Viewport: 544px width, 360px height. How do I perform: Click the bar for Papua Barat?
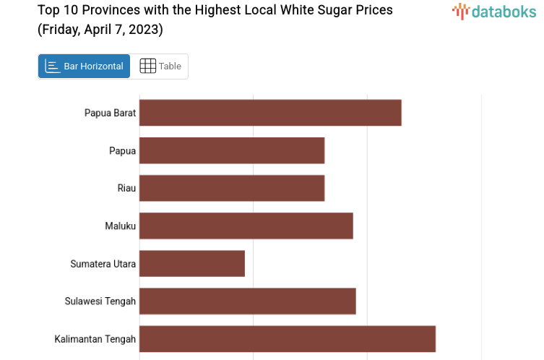(x=270, y=113)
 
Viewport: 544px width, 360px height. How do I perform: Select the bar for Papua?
(x=232, y=150)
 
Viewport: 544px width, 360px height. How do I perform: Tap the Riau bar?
(x=232, y=188)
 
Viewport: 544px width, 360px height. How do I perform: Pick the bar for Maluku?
(x=246, y=226)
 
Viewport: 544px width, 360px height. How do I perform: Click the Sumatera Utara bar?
(x=192, y=263)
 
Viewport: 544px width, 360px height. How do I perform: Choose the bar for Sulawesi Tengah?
(x=247, y=301)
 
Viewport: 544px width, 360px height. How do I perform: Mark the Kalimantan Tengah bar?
(x=288, y=338)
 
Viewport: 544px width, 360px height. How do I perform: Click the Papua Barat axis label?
(x=110, y=113)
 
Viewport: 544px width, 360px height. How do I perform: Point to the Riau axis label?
(x=126, y=188)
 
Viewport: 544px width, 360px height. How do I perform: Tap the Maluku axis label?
(x=120, y=226)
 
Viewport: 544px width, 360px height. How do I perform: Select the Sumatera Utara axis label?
(x=103, y=264)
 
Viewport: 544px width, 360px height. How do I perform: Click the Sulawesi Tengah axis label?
(x=100, y=301)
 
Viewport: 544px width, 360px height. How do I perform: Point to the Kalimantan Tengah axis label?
(x=95, y=339)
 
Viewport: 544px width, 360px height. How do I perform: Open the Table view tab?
(x=160, y=66)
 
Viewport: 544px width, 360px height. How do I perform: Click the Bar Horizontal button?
(x=84, y=66)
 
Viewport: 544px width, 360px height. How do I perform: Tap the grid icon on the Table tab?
(x=147, y=66)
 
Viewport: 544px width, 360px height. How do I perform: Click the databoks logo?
(x=494, y=10)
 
